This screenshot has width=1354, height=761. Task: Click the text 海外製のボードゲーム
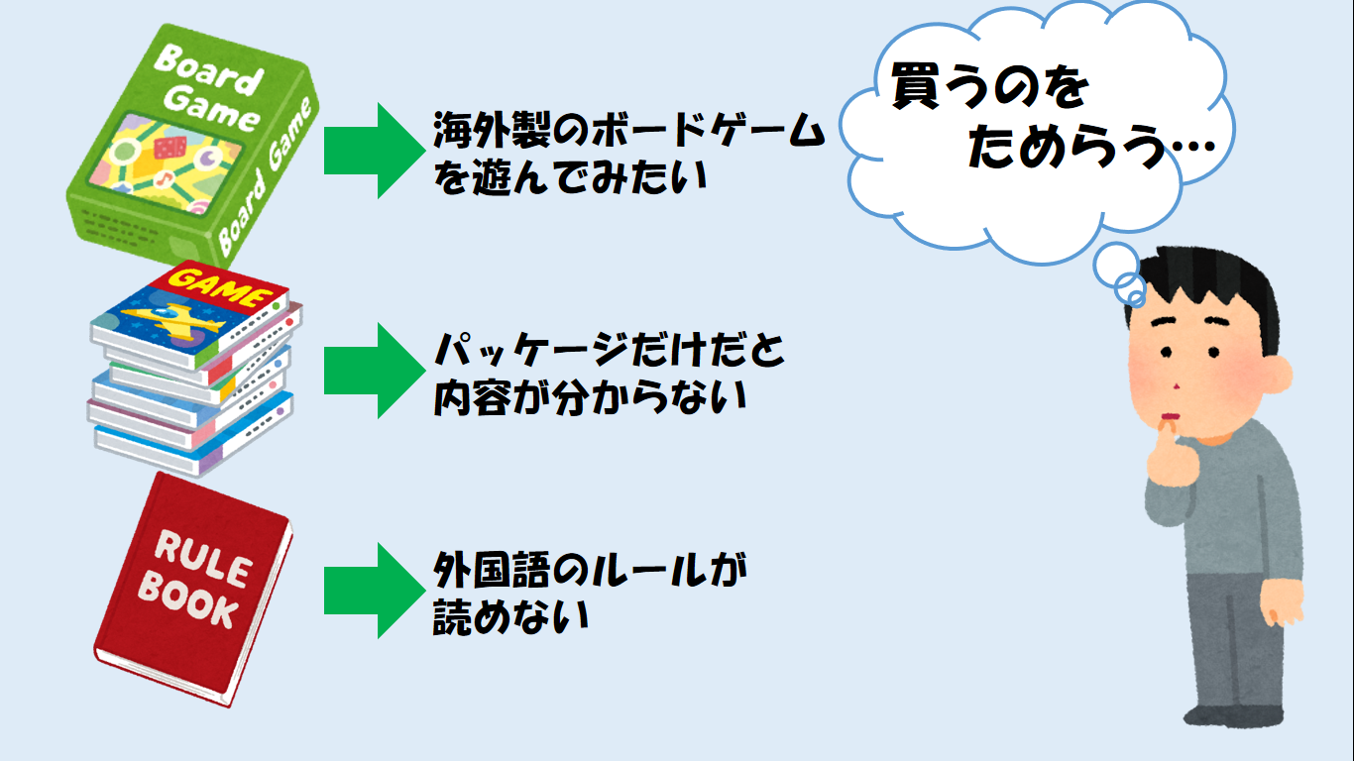[x=629, y=131]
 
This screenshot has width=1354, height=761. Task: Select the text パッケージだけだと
[x=609, y=350]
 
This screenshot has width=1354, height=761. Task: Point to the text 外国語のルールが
[x=589, y=570]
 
